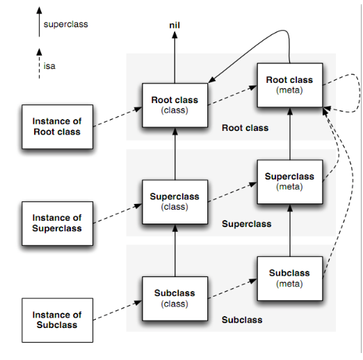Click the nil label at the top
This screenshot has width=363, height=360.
175,25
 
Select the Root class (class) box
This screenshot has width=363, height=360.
175,105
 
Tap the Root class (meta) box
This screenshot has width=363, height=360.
290,85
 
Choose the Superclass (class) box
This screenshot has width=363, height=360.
175,202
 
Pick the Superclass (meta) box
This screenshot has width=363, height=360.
290,182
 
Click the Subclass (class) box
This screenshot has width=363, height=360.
175,299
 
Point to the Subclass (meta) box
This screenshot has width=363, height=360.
290,279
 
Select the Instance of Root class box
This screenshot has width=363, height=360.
57,127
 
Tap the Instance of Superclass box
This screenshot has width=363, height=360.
57,224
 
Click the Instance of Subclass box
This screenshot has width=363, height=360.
57,320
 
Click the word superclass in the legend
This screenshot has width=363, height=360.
66,24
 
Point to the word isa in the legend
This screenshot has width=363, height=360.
49,66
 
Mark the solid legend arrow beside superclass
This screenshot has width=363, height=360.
39,22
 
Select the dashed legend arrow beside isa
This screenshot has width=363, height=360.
39,63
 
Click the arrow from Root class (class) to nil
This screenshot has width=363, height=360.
175,57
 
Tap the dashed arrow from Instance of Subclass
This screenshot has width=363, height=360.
118,311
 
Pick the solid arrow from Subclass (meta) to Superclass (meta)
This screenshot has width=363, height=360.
290,230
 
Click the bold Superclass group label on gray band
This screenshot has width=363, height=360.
247,224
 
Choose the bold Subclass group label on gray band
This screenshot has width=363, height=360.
242,320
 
